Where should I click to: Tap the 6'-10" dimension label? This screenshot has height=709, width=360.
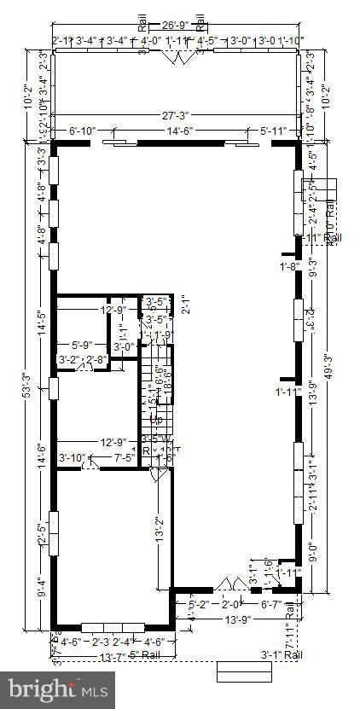pyautogui.click(x=84, y=131)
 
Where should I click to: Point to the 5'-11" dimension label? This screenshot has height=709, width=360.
pyautogui.click(x=275, y=131)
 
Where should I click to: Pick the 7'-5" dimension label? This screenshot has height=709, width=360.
pyautogui.click(x=125, y=458)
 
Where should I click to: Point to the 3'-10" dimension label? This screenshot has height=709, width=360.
pyautogui.click(x=72, y=458)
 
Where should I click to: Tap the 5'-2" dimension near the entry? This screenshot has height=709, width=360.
pyautogui.click(x=198, y=605)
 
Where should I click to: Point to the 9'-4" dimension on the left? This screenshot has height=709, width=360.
pyautogui.click(x=42, y=589)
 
